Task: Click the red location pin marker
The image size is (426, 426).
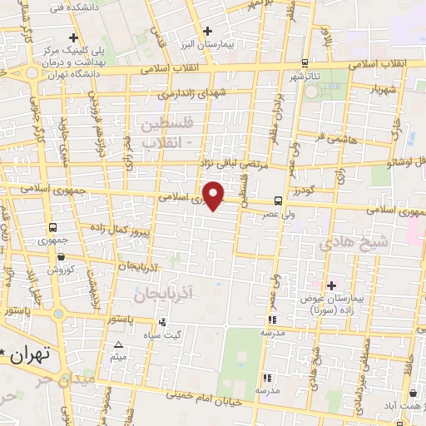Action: coord(215,195)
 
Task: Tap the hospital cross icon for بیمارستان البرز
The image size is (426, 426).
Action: coord(207,30)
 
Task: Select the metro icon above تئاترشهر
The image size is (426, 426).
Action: coord(305,63)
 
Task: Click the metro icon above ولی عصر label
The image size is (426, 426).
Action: coord(278,200)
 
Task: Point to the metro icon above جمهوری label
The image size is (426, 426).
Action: coord(53,226)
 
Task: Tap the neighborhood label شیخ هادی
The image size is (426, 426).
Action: coord(354,242)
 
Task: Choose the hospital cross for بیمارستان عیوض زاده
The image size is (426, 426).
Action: coord(331,285)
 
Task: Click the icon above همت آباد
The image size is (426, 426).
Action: coord(414,394)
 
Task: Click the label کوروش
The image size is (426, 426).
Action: coord(61,270)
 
